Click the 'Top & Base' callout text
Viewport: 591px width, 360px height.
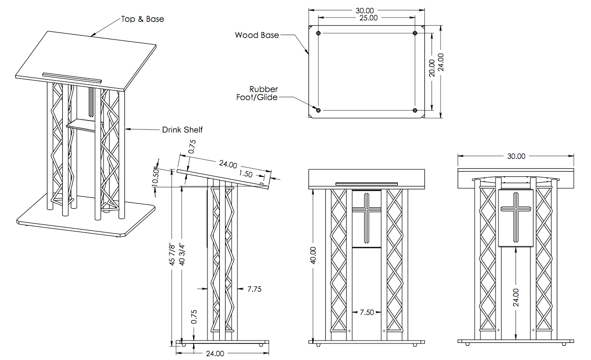tap(142, 19)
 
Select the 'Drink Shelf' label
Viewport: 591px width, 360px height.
tap(182, 129)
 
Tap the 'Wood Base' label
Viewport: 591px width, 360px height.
tap(257, 35)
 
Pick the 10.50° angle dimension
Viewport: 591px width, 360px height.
tap(155, 177)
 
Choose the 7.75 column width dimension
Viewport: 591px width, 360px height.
tap(254, 288)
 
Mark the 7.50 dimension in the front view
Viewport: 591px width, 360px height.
tap(366, 312)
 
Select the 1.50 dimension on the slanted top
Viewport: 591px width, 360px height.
tap(246, 174)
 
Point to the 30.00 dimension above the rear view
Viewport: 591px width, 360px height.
tap(516, 156)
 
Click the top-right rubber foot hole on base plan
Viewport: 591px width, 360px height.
tap(415, 33)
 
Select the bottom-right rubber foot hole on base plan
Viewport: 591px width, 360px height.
tap(415, 110)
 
